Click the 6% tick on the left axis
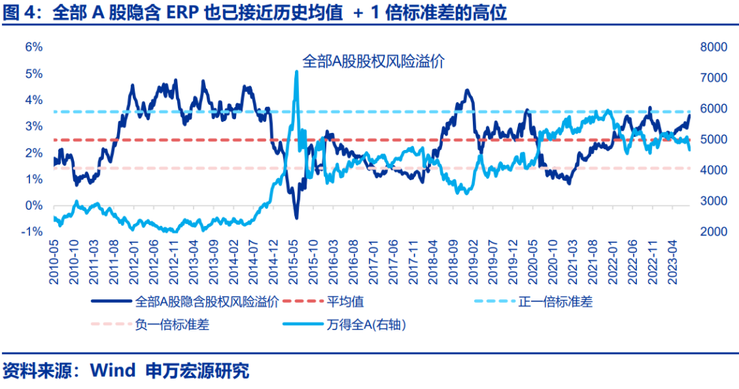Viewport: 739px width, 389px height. [x=34, y=47]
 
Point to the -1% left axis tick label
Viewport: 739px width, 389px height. [x=33, y=232]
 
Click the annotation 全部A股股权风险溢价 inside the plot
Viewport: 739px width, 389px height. [x=374, y=61]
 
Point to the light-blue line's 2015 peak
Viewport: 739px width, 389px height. [x=296, y=71]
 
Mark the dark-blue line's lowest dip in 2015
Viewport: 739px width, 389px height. [x=296, y=218]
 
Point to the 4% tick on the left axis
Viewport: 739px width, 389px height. [x=34, y=100]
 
